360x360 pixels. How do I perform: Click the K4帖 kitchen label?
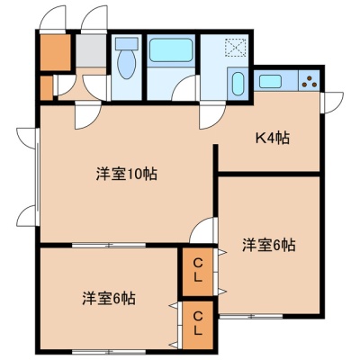272,139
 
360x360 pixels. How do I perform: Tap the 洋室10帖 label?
127,174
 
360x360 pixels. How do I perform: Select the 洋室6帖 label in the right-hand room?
269,245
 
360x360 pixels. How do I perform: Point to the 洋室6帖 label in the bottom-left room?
109,299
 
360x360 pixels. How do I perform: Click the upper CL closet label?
198,271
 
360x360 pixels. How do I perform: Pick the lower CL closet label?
198,323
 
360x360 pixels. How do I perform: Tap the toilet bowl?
127,64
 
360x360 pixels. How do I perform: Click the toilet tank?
127,43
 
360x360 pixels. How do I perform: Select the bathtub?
171,49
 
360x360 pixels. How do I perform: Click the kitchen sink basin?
270,81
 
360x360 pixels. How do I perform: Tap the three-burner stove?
309,81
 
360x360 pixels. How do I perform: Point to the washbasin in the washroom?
238,84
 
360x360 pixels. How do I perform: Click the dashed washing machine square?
236,48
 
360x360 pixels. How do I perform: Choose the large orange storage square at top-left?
56,52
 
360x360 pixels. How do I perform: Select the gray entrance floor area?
91,50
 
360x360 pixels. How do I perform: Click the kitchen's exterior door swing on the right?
332,103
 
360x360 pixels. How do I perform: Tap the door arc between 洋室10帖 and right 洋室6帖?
202,229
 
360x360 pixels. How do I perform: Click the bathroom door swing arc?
184,87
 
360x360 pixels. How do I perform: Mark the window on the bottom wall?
109,351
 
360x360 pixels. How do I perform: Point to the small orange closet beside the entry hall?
47,88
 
